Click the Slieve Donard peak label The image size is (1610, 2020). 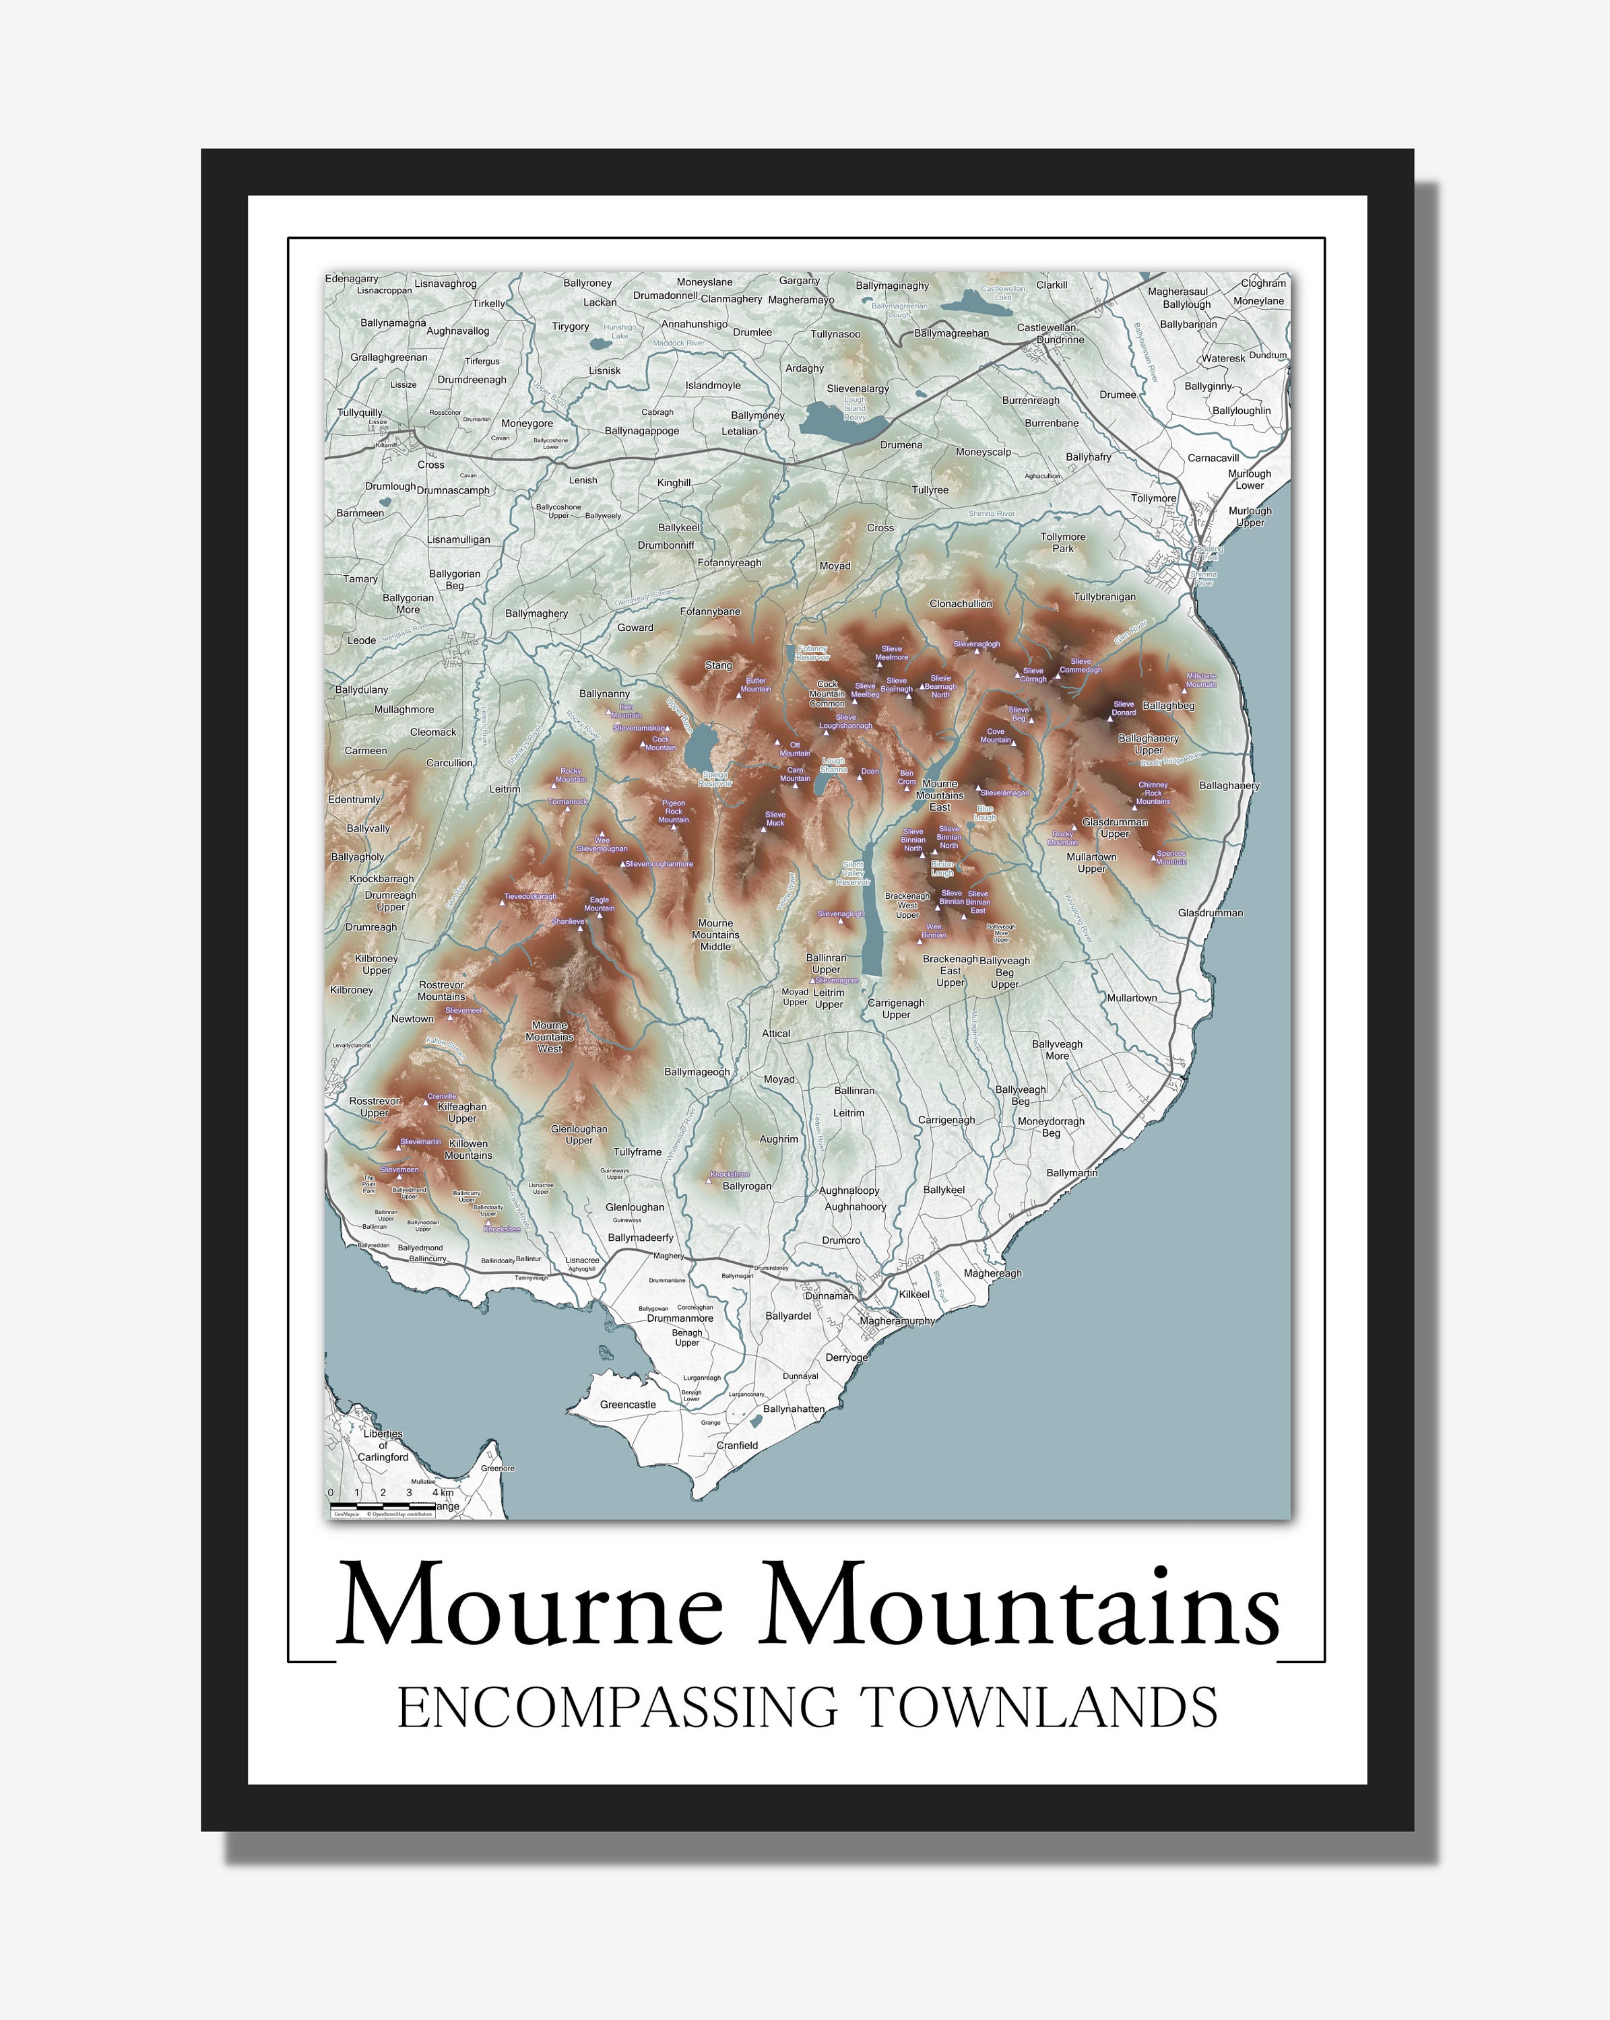[1123, 708]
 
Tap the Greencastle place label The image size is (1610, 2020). [628, 1405]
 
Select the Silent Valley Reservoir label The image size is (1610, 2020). [853, 873]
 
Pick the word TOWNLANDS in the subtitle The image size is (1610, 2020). [1038, 1708]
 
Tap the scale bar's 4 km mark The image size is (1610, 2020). [443, 1493]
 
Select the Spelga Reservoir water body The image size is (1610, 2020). [699, 749]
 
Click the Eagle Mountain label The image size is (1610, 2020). [599, 904]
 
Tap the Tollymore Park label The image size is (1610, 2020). [1063, 543]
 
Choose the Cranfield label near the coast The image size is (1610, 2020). [736, 1445]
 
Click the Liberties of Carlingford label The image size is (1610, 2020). [383, 1445]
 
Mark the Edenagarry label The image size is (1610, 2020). [352, 278]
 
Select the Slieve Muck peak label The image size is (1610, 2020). [775, 819]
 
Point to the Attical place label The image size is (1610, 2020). [776, 1034]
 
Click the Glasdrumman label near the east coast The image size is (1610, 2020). [1210, 912]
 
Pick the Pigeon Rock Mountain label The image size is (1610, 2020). [673, 811]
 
